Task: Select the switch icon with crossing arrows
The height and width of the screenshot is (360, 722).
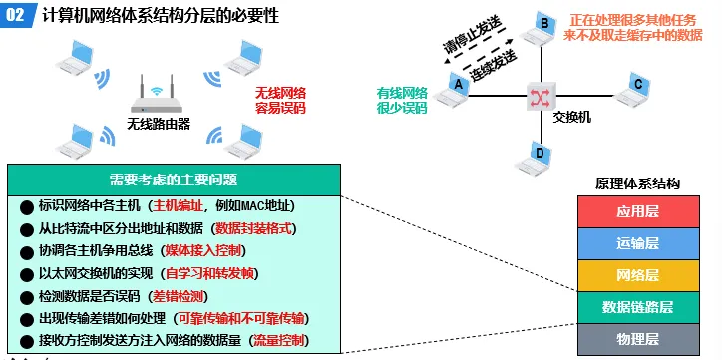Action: pos(540,97)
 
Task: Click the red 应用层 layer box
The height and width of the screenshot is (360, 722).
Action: pos(637,212)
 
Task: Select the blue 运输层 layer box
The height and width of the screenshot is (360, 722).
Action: pos(637,242)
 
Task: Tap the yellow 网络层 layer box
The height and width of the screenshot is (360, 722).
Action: pos(637,274)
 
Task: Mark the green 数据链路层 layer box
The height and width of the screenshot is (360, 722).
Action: pos(637,306)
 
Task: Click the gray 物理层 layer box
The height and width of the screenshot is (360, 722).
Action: pos(637,338)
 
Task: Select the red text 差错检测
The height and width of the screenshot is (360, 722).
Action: pos(181,296)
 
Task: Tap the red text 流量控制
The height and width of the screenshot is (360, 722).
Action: pos(281,341)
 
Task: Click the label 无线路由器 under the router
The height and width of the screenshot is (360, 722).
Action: pos(158,125)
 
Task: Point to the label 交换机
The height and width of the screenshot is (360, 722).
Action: pos(571,117)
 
